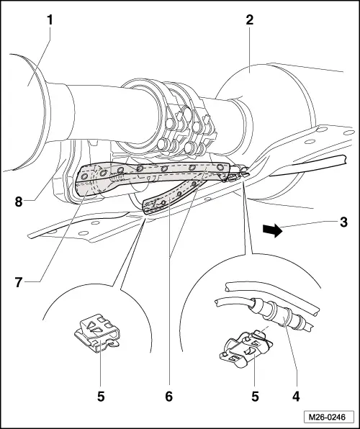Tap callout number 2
click(249, 20)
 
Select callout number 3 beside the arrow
click(343, 222)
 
